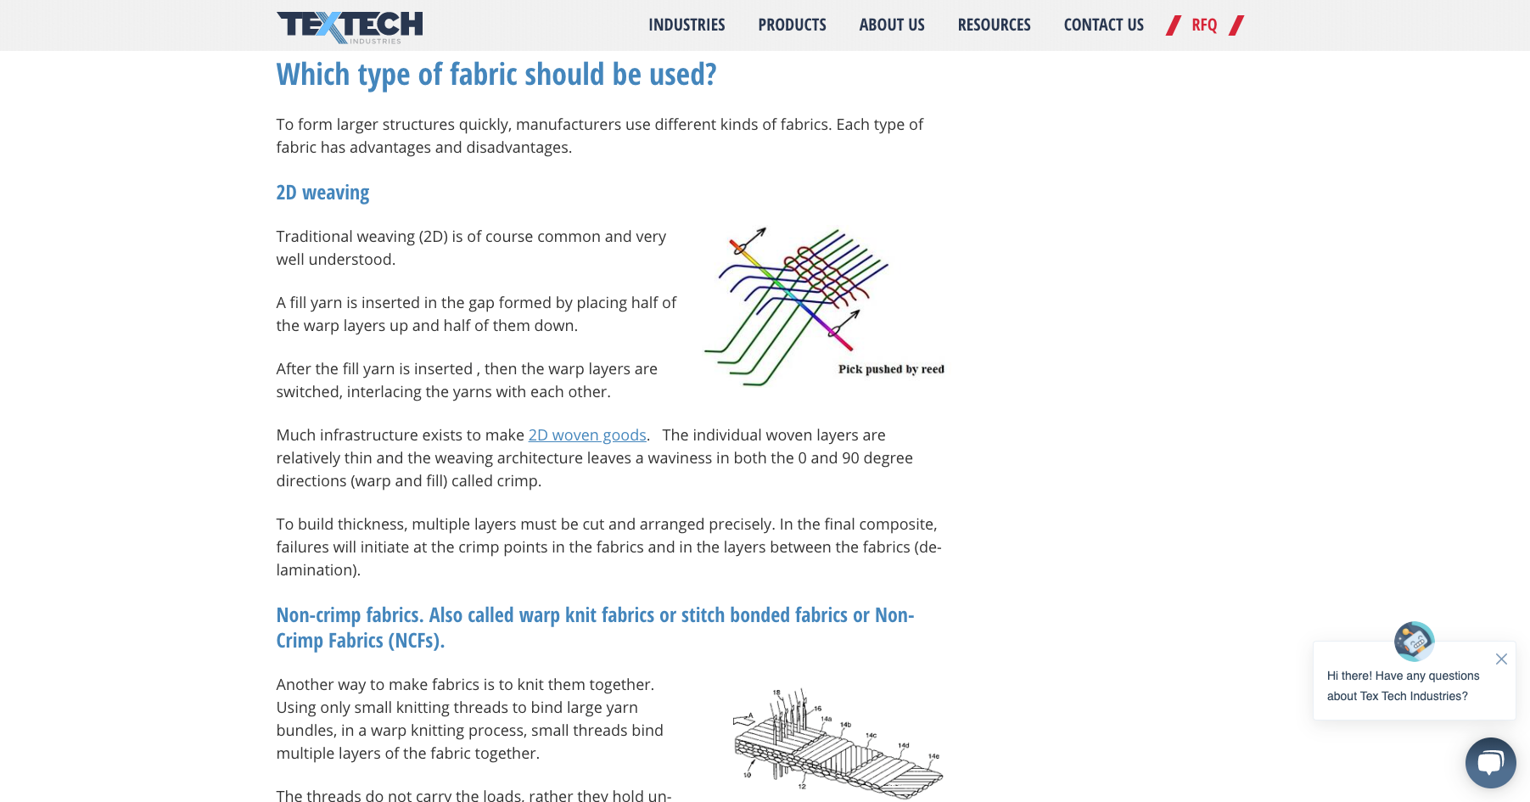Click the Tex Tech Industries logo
click(350, 26)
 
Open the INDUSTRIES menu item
click(687, 25)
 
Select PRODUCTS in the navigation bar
click(792, 25)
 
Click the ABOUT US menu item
click(892, 25)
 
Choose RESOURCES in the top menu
click(994, 25)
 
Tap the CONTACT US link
click(1103, 25)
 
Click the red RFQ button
click(1204, 25)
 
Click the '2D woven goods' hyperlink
click(587, 435)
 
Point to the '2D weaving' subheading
click(322, 193)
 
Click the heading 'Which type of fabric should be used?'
click(496, 75)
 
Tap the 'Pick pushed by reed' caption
click(891, 369)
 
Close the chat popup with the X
click(1501, 659)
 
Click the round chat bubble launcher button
click(1490, 763)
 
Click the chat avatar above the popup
click(1414, 642)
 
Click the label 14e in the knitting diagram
click(933, 756)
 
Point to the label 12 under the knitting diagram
click(802, 787)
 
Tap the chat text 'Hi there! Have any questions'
click(1403, 676)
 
